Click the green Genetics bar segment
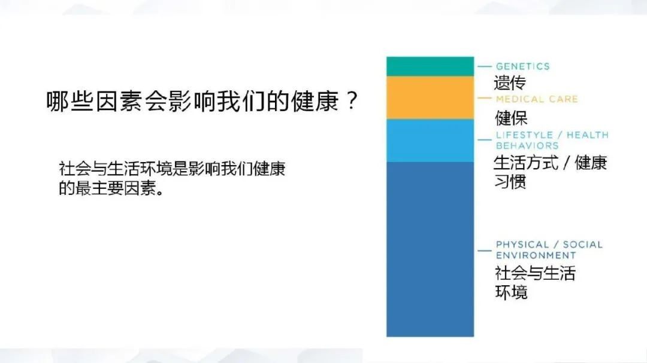point(430,66)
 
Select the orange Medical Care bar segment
point(430,97)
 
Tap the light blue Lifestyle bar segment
point(430,141)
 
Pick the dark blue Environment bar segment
point(430,249)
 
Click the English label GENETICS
point(523,66)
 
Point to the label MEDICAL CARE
point(537,99)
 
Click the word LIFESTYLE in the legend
point(524,135)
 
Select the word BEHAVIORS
point(527,146)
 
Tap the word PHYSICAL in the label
point(522,245)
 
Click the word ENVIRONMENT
point(536,255)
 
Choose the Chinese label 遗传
point(510,83)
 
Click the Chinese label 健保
point(511,118)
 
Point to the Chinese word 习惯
point(510,182)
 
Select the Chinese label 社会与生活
point(535,273)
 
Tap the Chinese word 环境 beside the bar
point(511,292)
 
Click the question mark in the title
point(352,100)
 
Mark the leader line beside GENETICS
point(485,66)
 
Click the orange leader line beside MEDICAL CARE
point(485,99)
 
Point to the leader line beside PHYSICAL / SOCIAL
point(485,251)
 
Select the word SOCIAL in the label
point(583,245)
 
